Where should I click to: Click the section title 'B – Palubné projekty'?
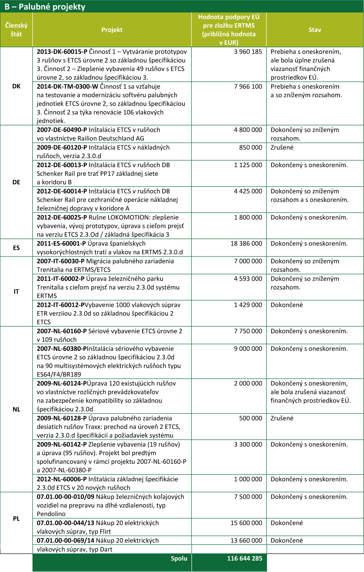coord(45,7)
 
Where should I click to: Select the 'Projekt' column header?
coord(112,30)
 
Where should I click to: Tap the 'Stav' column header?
coord(315,30)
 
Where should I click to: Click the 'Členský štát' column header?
coord(16,30)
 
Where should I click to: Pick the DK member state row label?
coord(16,86)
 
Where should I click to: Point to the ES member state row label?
coord(16,248)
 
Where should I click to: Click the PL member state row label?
coord(16,519)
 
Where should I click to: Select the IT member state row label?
coord(16,291)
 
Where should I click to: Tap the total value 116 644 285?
coord(245,558)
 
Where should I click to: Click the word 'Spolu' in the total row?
coord(179,558)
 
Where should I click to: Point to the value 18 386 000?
coord(246,243)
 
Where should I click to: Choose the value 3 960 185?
coord(248,51)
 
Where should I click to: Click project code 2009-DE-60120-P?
coord(62,147)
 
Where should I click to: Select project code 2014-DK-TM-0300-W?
coord(67,86)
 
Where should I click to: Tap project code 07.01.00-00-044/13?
coord(65,523)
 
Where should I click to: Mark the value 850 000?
coord(251,147)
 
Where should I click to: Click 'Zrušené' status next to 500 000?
coord(282,418)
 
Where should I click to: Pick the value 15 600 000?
coord(246,523)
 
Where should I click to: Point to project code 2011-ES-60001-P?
coord(61,243)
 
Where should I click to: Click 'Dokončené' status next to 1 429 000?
coord(287,305)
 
